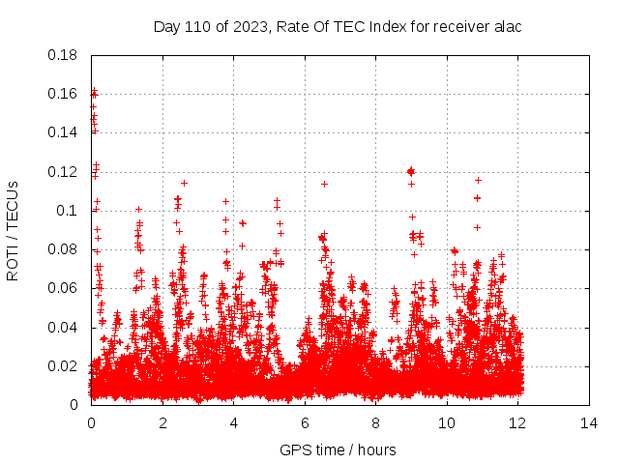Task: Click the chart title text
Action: tap(338, 26)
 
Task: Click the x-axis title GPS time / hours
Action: tap(338, 449)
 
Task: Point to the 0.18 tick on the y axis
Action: tap(63, 55)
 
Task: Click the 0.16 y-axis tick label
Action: tap(63, 94)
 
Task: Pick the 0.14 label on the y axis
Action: tap(63, 132)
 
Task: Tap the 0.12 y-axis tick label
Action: tap(63, 172)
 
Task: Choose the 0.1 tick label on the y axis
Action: tap(67, 211)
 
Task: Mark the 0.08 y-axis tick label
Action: tap(63, 249)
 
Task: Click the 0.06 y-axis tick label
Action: tap(63, 288)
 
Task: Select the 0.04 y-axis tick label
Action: tap(63, 328)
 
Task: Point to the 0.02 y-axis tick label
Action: tap(63, 366)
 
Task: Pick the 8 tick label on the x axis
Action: tap(375, 422)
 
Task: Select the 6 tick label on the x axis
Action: tap(305, 422)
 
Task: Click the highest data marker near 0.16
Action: tap(94, 92)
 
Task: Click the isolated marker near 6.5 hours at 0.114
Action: tap(324, 184)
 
